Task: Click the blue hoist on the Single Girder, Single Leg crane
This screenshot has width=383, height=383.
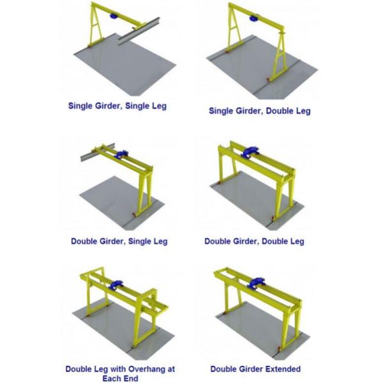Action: pos(114,17)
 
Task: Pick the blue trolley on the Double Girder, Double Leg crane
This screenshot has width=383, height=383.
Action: pos(250,152)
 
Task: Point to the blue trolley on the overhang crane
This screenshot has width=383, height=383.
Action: pos(116,285)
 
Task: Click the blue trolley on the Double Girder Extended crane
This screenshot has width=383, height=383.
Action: pos(257,283)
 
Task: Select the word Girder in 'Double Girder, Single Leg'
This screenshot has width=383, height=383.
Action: pos(110,241)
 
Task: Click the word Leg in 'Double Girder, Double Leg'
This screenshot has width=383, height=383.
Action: pos(297,241)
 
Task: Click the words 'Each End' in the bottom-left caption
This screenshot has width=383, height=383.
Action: pos(120,379)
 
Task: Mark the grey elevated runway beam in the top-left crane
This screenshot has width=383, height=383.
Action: pos(139,31)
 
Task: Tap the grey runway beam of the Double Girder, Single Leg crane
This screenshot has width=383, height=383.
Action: pos(98,152)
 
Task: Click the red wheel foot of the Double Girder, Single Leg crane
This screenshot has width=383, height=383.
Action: pos(134,215)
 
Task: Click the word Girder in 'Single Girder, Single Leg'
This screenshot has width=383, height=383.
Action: pos(107,106)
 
